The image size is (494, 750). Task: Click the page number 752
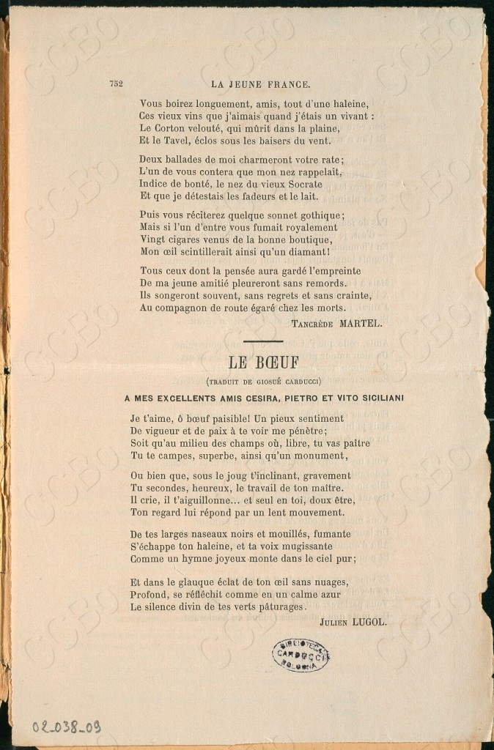coord(116,83)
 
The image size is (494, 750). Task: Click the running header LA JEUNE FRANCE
coord(260,83)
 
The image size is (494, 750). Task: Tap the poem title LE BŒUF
coord(263,362)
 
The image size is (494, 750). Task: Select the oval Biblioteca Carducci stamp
coord(301,654)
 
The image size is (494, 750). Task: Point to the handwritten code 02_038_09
coord(66,727)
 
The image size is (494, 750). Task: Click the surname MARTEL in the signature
coord(360,322)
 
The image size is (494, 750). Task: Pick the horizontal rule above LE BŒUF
coord(263,341)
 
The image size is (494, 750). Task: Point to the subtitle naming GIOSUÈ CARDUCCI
coord(263,381)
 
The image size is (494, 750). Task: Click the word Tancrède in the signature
coord(316,322)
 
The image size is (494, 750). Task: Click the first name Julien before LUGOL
coord(334,622)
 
